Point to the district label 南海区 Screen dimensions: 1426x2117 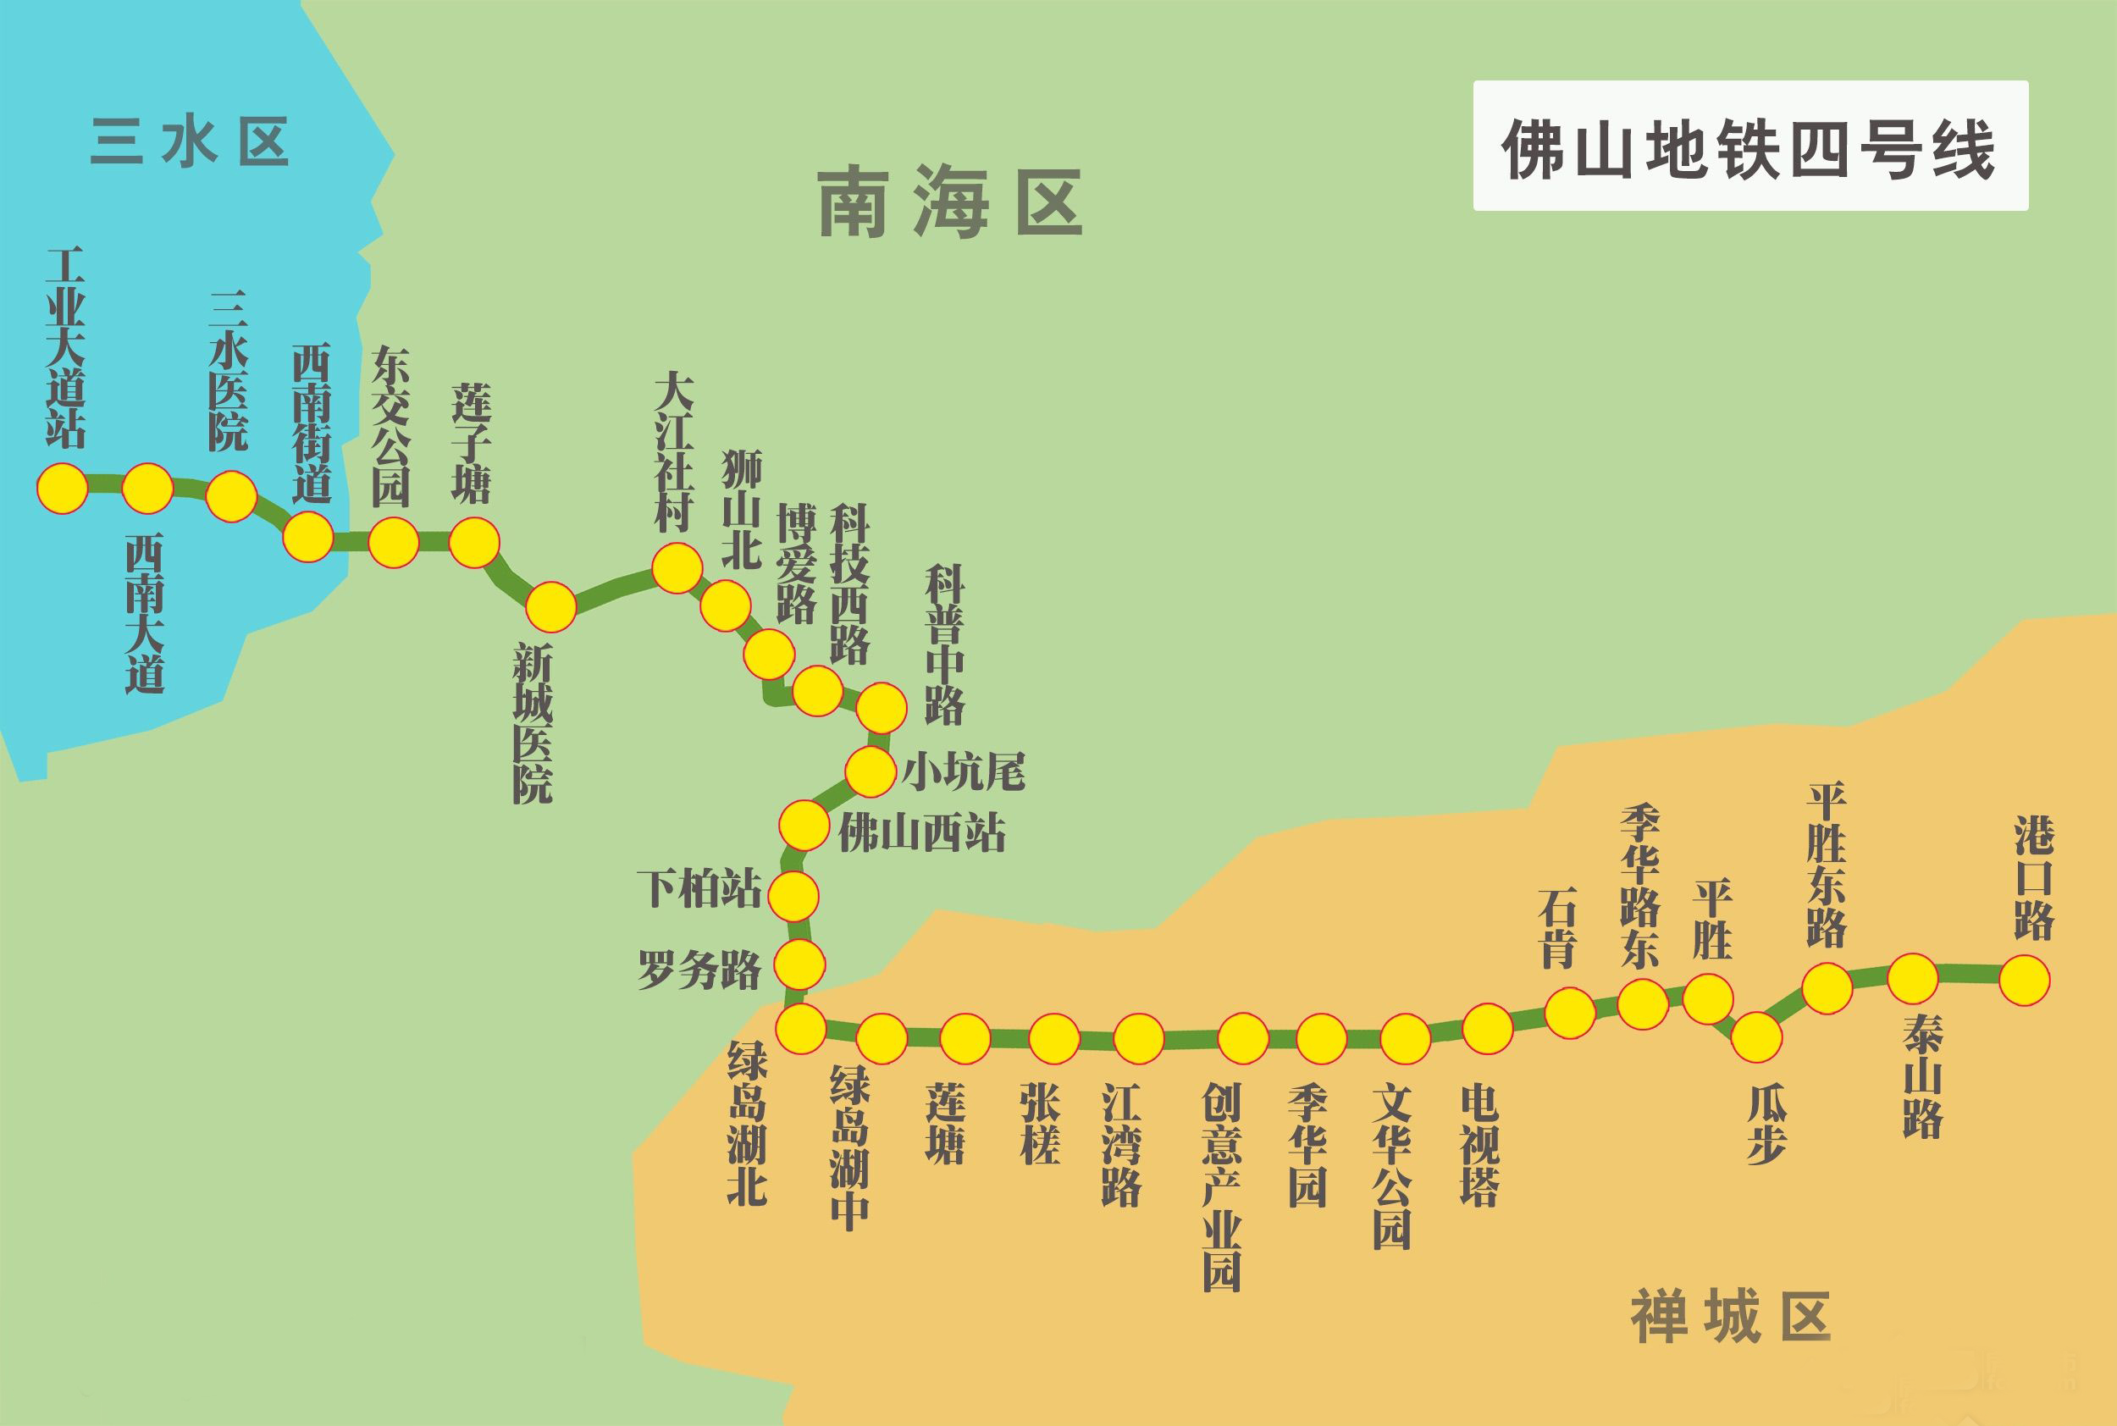[x=950, y=202]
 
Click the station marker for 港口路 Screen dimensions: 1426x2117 [x=2024, y=981]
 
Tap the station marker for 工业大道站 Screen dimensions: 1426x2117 [x=62, y=489]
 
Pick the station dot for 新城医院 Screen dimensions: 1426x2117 [x=551, y=606]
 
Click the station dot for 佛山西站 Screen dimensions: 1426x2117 [x=804, y=825]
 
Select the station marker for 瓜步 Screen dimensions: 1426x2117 [x=1756, y=1036]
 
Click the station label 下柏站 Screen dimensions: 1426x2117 [x=699, y=888]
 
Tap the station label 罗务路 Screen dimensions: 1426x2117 [x=699, y=970]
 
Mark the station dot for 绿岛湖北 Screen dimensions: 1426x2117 [x=800, y=1029]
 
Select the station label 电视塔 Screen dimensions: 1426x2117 [x=1479, y=1145]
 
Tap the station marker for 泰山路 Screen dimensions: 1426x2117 [x=1913, y=979]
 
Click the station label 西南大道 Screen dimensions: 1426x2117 [x=145, y=615]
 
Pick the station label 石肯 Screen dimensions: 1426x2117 [x=1556, y=926]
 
